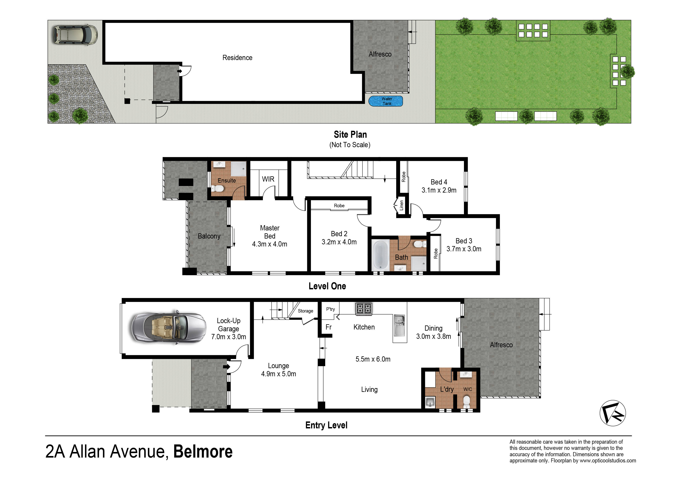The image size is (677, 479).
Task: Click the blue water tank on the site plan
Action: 385,101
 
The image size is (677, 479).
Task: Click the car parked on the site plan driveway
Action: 75,35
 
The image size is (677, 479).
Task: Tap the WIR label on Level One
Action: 268,179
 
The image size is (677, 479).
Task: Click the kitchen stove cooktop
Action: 364,308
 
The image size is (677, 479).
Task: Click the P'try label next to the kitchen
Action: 330,309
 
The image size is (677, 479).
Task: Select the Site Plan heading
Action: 350,135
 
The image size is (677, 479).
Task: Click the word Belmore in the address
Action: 203,452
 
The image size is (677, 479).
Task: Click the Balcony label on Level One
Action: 209,236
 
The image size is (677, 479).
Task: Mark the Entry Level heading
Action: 326,425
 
